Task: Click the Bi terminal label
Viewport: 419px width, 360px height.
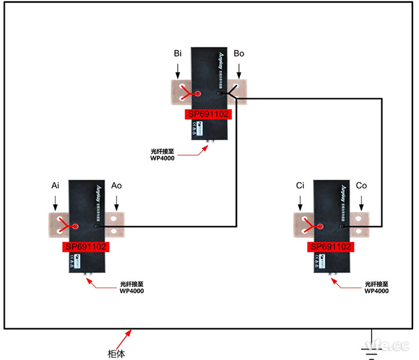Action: point(178,54)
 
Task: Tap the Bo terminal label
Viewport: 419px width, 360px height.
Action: point(239,54)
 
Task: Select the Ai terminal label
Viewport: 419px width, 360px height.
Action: point(55,186)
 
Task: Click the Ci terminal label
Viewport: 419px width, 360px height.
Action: point(300,186)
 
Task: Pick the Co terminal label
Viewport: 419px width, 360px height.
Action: point(361,186)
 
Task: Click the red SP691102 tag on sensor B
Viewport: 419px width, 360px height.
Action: point(208,114)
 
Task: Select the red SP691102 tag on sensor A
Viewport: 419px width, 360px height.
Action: point(85,247)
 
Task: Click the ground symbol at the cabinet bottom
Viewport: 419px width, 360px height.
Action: point(372,351)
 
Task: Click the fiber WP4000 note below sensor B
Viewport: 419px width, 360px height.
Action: point(162,155)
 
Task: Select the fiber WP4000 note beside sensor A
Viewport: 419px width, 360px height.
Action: point(132,288)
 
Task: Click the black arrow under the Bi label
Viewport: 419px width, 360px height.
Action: point(178,71)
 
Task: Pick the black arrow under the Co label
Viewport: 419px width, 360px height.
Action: point(361,203)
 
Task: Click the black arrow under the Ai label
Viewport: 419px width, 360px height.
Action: point(55,203)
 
